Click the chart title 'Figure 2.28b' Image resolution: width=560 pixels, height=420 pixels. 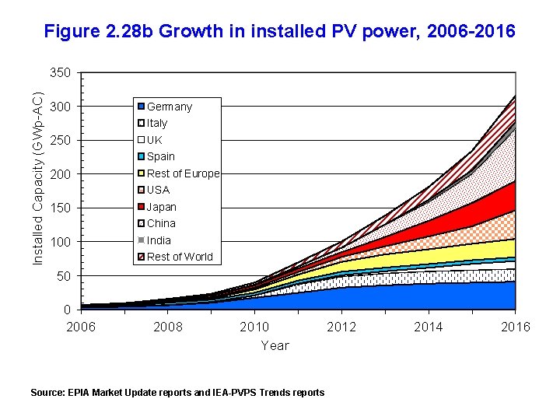(x=279, y=32)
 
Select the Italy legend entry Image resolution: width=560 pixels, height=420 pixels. (x=156, y=124)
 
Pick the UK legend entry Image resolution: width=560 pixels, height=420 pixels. (x=154, y=140)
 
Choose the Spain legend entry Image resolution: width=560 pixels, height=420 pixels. (x=160, y=156)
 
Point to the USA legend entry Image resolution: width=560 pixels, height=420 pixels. (x=158, y=190)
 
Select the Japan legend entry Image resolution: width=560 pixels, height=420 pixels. (x=161, y=207)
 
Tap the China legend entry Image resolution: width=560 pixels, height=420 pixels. (x=159, y=224)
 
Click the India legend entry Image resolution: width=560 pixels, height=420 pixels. (x=159, y=240)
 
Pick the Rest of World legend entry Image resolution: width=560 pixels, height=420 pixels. (x=179, y=257)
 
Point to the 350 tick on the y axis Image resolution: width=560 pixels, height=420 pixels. (x=60, y=73)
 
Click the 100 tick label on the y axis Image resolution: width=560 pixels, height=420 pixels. (x=60, y=243)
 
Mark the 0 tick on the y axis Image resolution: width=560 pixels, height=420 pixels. (x=68, y=310)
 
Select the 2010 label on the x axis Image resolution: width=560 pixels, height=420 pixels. (x=254, y=327)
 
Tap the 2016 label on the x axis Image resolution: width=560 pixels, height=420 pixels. (x=515, y=327)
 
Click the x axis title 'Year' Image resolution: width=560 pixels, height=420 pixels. (x=275, y=345)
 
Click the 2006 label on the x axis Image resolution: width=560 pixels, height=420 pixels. (x=81, y=327)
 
